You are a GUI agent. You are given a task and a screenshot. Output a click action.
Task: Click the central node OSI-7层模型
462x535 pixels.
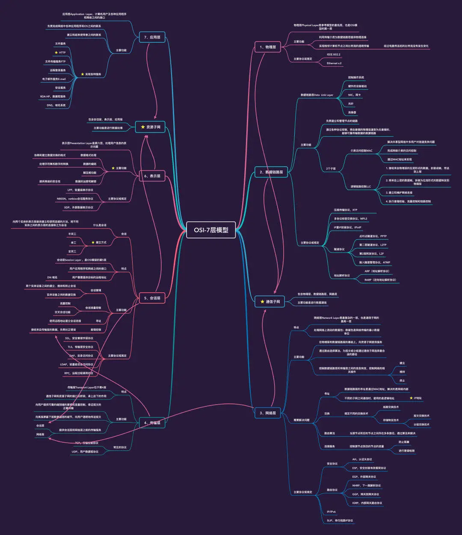click(211, 230)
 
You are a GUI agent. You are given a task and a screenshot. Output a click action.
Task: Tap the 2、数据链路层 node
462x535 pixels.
click(271, 172)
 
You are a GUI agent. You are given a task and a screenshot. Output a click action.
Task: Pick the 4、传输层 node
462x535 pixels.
click(152, 423)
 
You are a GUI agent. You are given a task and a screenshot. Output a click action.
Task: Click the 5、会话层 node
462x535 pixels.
click(152, 298)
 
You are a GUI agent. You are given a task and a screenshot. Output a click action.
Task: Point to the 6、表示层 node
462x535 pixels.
click(152, 176)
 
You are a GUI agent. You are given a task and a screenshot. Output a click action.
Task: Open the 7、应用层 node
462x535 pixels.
click(152, 38)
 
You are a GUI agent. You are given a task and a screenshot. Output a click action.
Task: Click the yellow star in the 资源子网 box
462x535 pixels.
click(143, 127)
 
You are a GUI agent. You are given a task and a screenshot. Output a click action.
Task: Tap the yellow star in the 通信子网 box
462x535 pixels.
click(263, 302)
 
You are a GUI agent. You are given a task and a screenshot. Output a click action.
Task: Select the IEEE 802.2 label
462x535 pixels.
click(334, 55)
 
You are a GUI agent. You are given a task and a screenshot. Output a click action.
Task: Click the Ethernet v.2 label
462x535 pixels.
click(334, 63)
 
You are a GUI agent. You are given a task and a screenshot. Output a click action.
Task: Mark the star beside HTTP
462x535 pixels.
click(56, 53)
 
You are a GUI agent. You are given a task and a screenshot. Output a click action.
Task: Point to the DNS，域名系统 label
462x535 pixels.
click(56, 105)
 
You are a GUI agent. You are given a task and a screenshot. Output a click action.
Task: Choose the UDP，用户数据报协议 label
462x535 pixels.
click(85, 452)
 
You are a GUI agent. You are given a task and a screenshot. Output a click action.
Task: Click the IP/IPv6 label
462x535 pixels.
click(332, 511)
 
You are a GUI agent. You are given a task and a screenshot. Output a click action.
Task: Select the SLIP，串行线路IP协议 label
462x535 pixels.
click(340, 520)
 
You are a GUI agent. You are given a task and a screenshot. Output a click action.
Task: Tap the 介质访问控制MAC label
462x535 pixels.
click(361, 150)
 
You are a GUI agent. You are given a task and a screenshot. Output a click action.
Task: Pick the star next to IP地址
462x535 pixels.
click(411, 398)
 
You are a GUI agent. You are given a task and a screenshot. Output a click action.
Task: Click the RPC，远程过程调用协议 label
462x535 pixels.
click(78, 373)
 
